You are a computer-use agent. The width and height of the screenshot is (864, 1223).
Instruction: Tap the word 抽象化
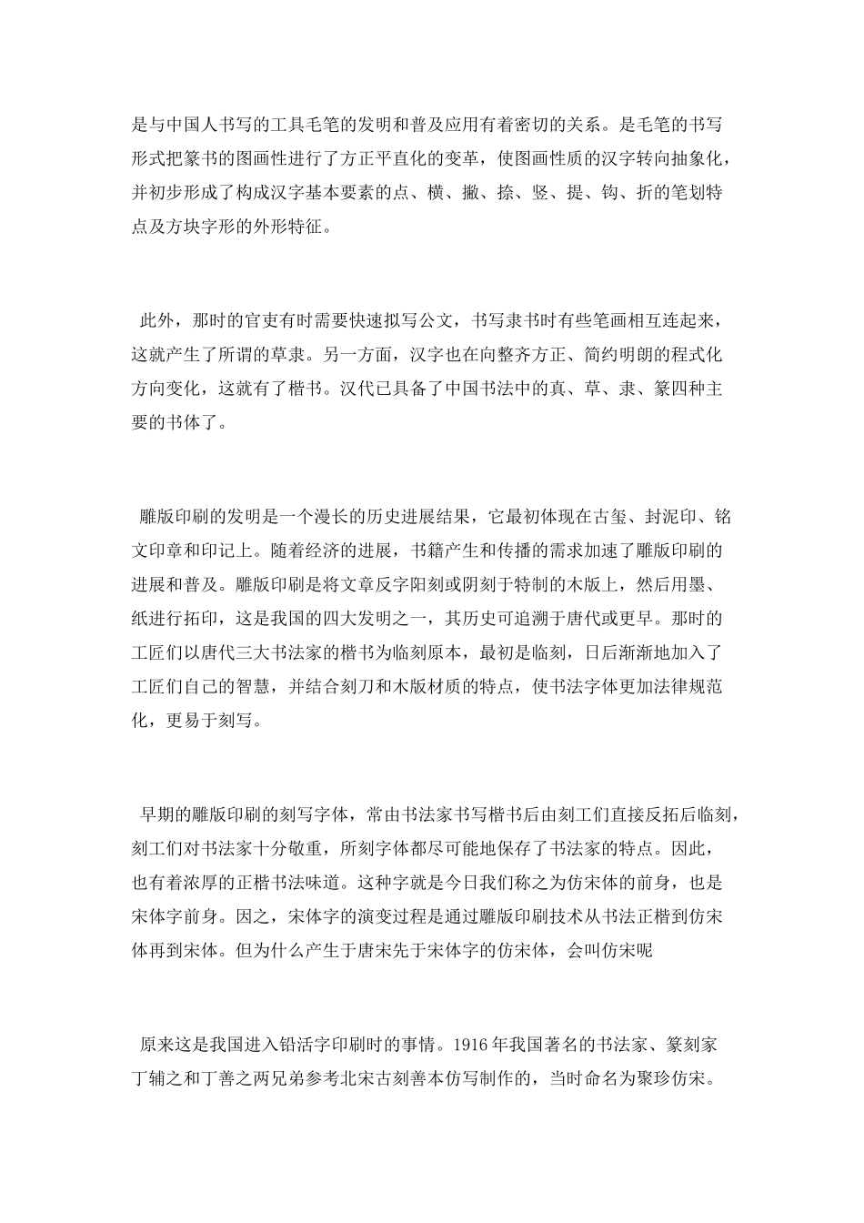692,158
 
